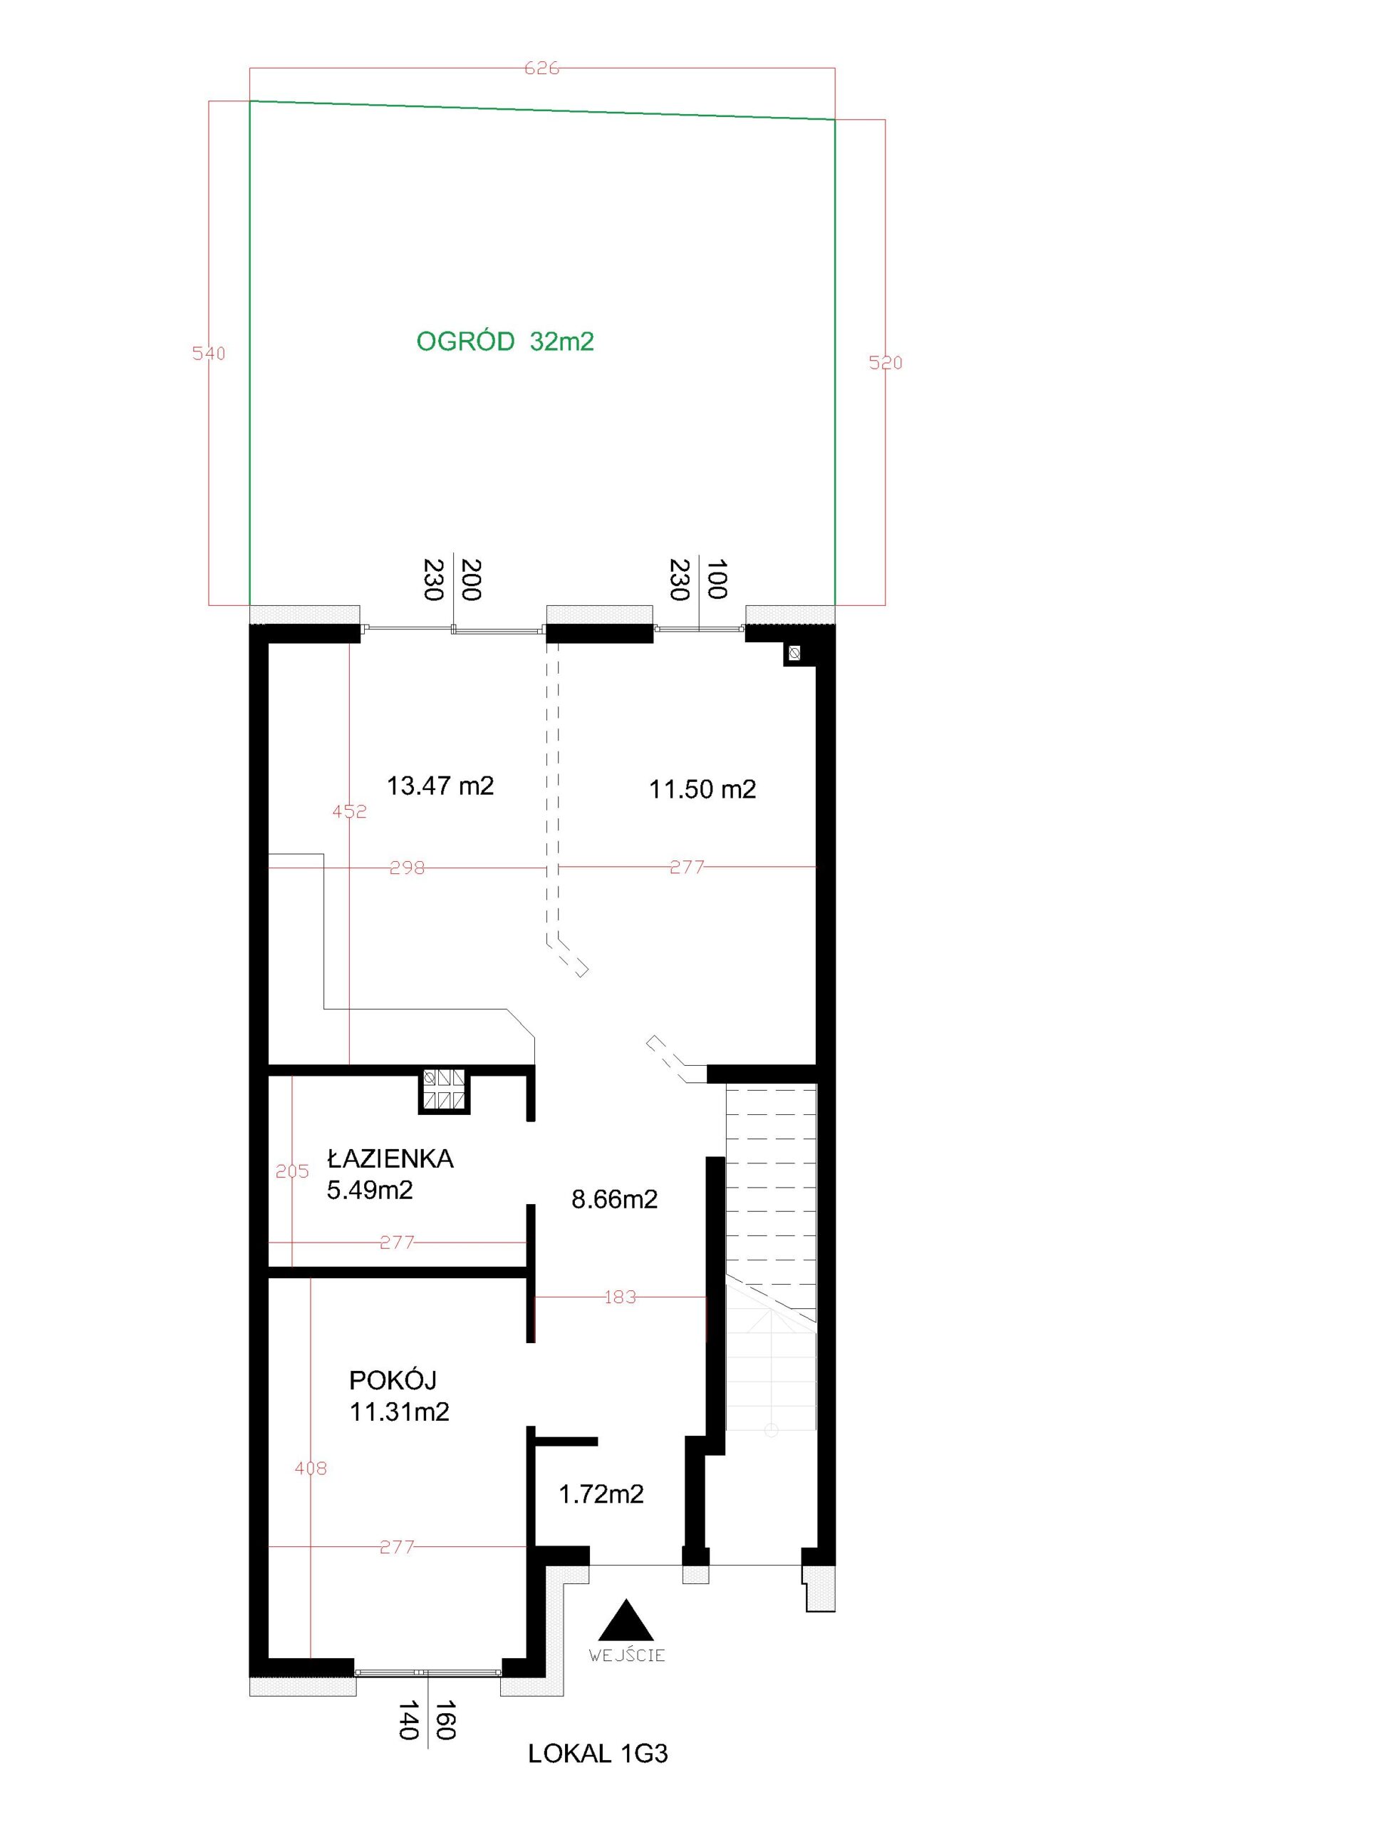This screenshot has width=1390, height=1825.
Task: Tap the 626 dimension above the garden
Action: click(x=542, y=68)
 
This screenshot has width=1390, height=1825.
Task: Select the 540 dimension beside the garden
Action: click(x=209, y=354)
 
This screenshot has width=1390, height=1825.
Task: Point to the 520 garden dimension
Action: click(x=886, y=363)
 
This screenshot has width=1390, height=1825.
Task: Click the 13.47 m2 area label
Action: click(x=440, y=786)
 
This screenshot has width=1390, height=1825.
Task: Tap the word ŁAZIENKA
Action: click(x=390, y=1158)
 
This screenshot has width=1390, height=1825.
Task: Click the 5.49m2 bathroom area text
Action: click(x=370, y=1191)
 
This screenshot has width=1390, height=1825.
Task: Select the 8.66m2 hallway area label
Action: click(x=615, y=1199)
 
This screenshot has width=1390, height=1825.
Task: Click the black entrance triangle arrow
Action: click(x=626, y=1619)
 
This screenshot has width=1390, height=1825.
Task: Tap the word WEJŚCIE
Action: click(x=626, y=1655)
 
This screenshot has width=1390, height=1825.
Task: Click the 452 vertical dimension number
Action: click(x=349, y=812)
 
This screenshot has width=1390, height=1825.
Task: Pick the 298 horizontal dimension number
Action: click(x=407, y=868)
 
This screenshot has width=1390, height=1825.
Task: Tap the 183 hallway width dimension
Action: click(x=620, y=1297)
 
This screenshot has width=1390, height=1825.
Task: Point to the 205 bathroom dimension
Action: click(x=292, y=1171)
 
